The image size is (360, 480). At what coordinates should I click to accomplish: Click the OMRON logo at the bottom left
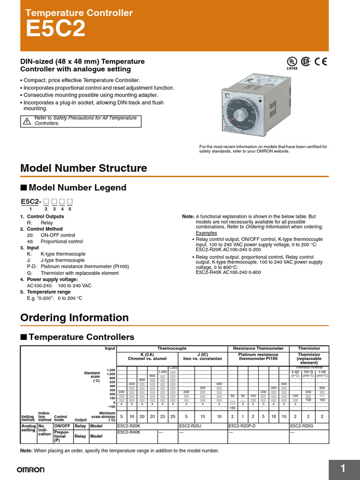[x=31, y=469]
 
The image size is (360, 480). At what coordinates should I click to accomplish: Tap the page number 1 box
[x=343, y=469]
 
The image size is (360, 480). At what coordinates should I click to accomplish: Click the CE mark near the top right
[x=321, y=61]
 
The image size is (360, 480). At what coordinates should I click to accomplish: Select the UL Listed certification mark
[x=292, y=63]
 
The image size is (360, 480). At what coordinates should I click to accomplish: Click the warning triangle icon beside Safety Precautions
[x=27, y=121]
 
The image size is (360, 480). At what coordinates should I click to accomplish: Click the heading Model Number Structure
[x=83, y=168]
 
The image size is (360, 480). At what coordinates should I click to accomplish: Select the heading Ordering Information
[x=75, y=317]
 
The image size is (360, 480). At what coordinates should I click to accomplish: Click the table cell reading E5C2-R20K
[x=129, y=426]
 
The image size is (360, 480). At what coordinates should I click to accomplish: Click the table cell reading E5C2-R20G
[x=302, y=426]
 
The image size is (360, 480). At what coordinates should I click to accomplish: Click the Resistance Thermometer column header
[x=258, y=348]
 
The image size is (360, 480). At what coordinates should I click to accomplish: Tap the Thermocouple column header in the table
[x=171, y=348]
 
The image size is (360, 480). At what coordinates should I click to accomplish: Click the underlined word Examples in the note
[x=206, y=233]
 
